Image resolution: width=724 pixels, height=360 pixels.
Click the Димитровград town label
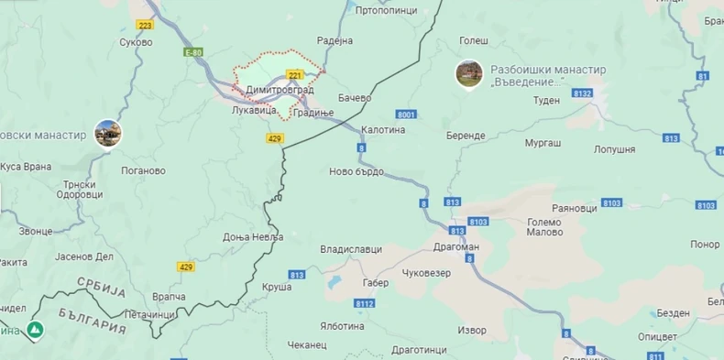click(x=281, y=90)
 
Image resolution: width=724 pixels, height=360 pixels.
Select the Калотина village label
click(x=383, y=130)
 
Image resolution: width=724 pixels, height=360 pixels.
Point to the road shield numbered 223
click(x=146, y=25)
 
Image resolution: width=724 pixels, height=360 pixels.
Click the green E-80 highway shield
click(x=192, y=52)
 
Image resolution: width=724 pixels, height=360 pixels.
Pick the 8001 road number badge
click(x=407, y=114)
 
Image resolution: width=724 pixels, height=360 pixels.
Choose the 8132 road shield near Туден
click(x=582, y=93)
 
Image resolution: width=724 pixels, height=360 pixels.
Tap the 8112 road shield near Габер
click(x=365, y=303)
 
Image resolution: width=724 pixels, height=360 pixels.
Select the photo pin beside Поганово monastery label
click(x=107, y=134)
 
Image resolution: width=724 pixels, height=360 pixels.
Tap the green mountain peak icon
click(x=35, y=329)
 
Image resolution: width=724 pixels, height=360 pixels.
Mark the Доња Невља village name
click(x=253, y=236)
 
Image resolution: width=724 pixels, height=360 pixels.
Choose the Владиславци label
click(x=350, y=249)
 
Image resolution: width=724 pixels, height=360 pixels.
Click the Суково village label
click(x=136, y=42)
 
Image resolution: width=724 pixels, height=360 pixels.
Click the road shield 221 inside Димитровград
click(x=295, y=73)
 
